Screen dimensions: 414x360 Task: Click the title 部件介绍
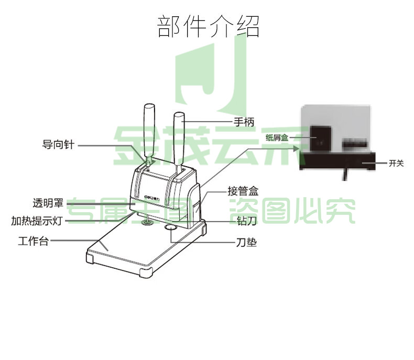pyautogui.click(x=208, y=26)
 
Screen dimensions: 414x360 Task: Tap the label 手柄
pyautogui.click(x=244, y=122)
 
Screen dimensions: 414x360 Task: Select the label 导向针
pyautogui.click(x=58, y=145)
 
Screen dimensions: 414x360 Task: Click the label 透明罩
pyautogui.click(x=48, y=203)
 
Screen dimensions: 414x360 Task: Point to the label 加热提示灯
pyautogui.click(x=37, y=221)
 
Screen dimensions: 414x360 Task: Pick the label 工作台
pyautogui.click(x=34, y=241)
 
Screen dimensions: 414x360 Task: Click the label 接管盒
pyautogui.click(x=243, y=191)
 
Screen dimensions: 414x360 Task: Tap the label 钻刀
pyautogui.click(x=247, y=221)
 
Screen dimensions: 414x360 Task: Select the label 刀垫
pyautogui.click(x=246, y=242)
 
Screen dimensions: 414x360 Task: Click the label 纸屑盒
pyautogui.click(x=277, y=137)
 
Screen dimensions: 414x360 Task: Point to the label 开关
pyautogui.click(x=396, y=163)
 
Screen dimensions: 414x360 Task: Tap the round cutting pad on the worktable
pyautogui.click(x=170, y=227)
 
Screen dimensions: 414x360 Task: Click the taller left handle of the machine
pyautogui.click(x=149, y=135)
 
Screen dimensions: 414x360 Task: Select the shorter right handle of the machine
pyautogui.click(x=179, y=143)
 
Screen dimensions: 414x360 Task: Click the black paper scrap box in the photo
pyautogui.click(x=321, y=138)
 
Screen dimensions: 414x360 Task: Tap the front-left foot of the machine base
pyautogui.click(x=90, y=257)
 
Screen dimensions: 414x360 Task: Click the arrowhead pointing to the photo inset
pyautogui.click(x=297, y=149)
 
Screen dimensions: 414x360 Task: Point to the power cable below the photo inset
pyautogui.click(x=345, y=173)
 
